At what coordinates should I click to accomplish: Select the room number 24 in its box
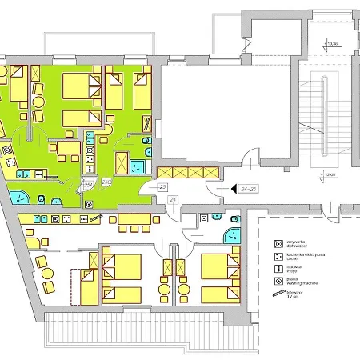pyautogui.click(x=173, y=198)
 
